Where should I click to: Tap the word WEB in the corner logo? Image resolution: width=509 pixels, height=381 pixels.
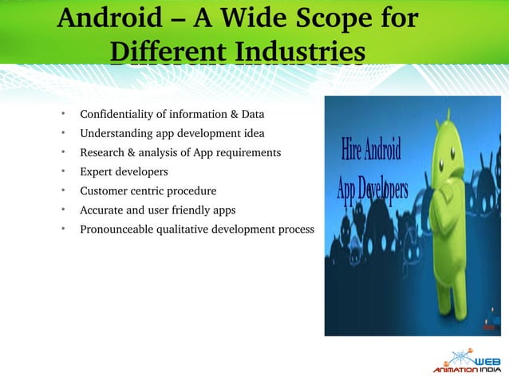pyautogui.click(x=484, y=359)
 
